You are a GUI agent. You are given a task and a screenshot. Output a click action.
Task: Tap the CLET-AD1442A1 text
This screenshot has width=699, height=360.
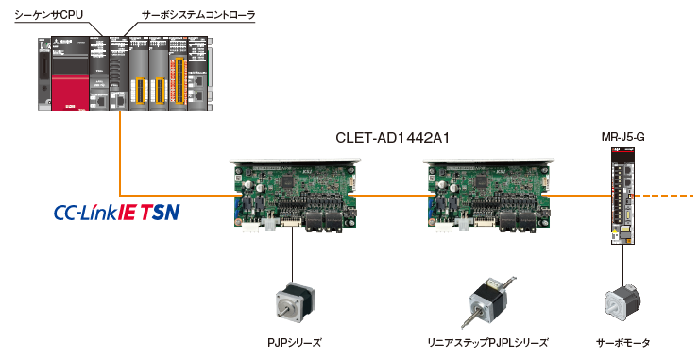[x=392, y=138]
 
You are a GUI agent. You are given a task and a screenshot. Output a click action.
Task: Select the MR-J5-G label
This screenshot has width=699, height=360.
[x=622, y=138]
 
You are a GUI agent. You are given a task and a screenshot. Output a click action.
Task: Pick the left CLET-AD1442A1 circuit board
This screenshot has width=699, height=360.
[x=294, y=194]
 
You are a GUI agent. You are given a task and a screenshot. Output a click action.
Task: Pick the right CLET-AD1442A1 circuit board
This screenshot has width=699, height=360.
[x=486, y=194]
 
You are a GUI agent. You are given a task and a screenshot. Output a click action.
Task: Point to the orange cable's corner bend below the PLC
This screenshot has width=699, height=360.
[x=121, y=195]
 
